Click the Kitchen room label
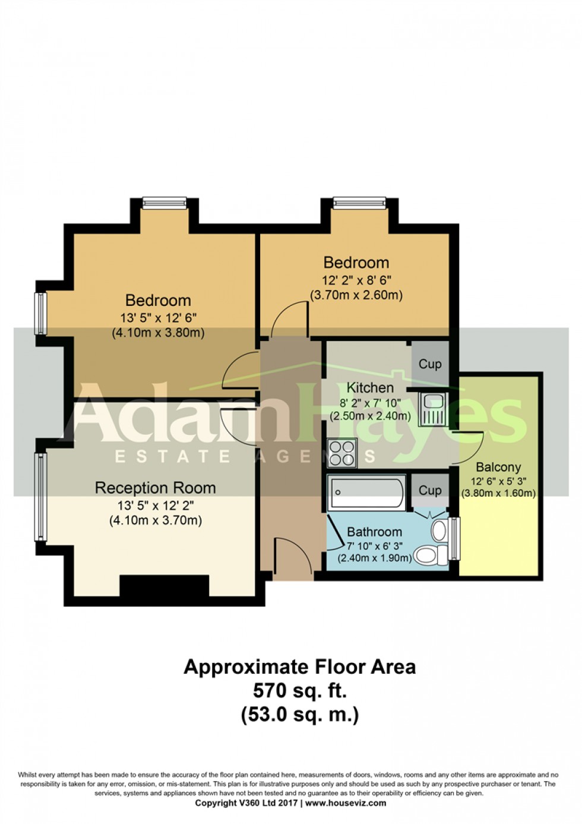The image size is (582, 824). (x=370, y=388)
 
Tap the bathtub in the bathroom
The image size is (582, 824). (x=366, y=492)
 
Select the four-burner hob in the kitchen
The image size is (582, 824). (x=342, y=453)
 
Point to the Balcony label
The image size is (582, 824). (x=498, y=467)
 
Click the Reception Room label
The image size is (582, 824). (x=155, y=488)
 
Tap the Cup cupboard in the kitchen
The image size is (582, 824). (x=430, y=364)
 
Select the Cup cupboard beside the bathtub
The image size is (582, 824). (x=430, y=491)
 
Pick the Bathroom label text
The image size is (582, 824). (x=374, y=532)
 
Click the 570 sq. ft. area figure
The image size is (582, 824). (x=299, y=691)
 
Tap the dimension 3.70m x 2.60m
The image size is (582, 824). (x=356, y=295)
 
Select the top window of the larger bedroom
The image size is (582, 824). (x=165, y=204)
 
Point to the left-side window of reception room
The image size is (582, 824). (x=40, y=497)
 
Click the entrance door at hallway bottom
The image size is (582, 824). (x=292, y=558)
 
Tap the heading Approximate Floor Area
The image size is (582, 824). (x=299, y=667)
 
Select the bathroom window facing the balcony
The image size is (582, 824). (x=454, y=539)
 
